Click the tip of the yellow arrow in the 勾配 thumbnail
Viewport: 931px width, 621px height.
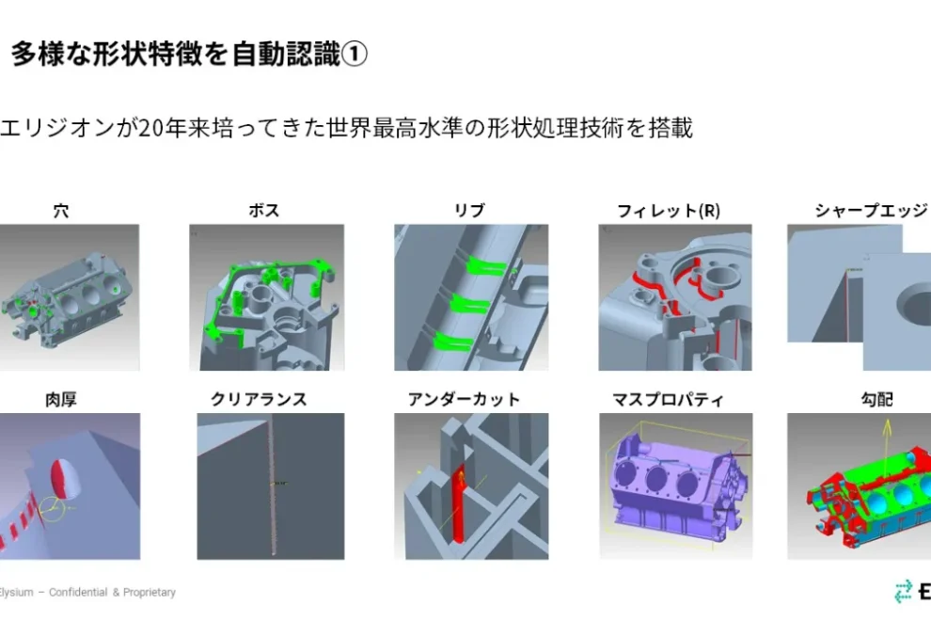(x=887, y=421)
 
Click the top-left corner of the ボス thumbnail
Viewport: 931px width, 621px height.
(x=189, y=224)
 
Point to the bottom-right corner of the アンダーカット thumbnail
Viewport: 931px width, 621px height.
(x=548, y=559)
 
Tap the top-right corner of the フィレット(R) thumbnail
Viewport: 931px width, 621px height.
(x=751, y=224)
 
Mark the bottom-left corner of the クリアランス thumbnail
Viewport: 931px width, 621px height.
(x=197, y=559)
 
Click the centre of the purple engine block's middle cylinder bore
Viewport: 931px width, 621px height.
(x=656, y=477)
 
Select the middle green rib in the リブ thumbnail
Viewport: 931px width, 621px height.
(x=469, y=304)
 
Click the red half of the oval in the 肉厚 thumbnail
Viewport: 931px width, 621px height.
(x=59, y=477)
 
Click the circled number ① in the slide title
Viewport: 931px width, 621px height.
(x=355, y=54)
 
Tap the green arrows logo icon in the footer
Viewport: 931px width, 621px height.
(x=903, y=591)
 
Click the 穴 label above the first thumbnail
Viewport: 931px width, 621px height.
(x=61, y=211)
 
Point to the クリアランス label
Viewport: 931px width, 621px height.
(x=259, y=399)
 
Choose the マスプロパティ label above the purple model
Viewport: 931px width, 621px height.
(x=668, y=399)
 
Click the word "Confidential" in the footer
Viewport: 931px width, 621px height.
(x=78, y=592)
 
